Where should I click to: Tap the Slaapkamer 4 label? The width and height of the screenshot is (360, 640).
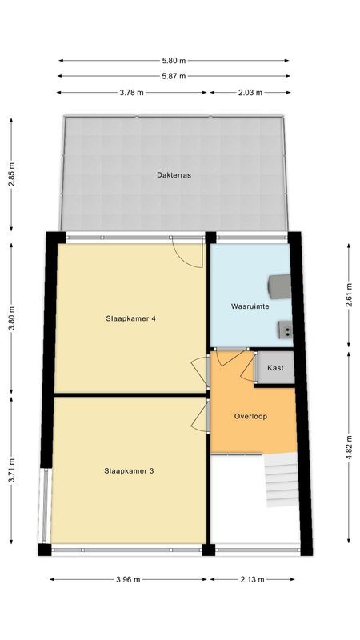tap(130, 318)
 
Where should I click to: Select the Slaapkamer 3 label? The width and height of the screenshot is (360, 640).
tap(129, 471)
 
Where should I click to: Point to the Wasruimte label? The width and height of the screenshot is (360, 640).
tap(249, 306)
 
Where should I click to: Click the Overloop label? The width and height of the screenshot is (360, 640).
tap(250, 416)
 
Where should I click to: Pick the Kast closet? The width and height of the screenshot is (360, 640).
tap(275, 368)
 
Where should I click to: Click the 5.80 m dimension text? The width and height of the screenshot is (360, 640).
tap(173, 61)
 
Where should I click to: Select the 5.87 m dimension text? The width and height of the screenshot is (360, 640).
tap(173, 77)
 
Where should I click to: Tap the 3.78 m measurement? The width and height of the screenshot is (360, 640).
tap(131, 93)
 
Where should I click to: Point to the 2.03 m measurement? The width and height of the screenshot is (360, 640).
tap(250, 93)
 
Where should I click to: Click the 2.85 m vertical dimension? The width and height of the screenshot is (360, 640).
tap(12, 174)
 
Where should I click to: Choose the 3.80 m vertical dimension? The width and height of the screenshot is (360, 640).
tap(12, 311)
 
